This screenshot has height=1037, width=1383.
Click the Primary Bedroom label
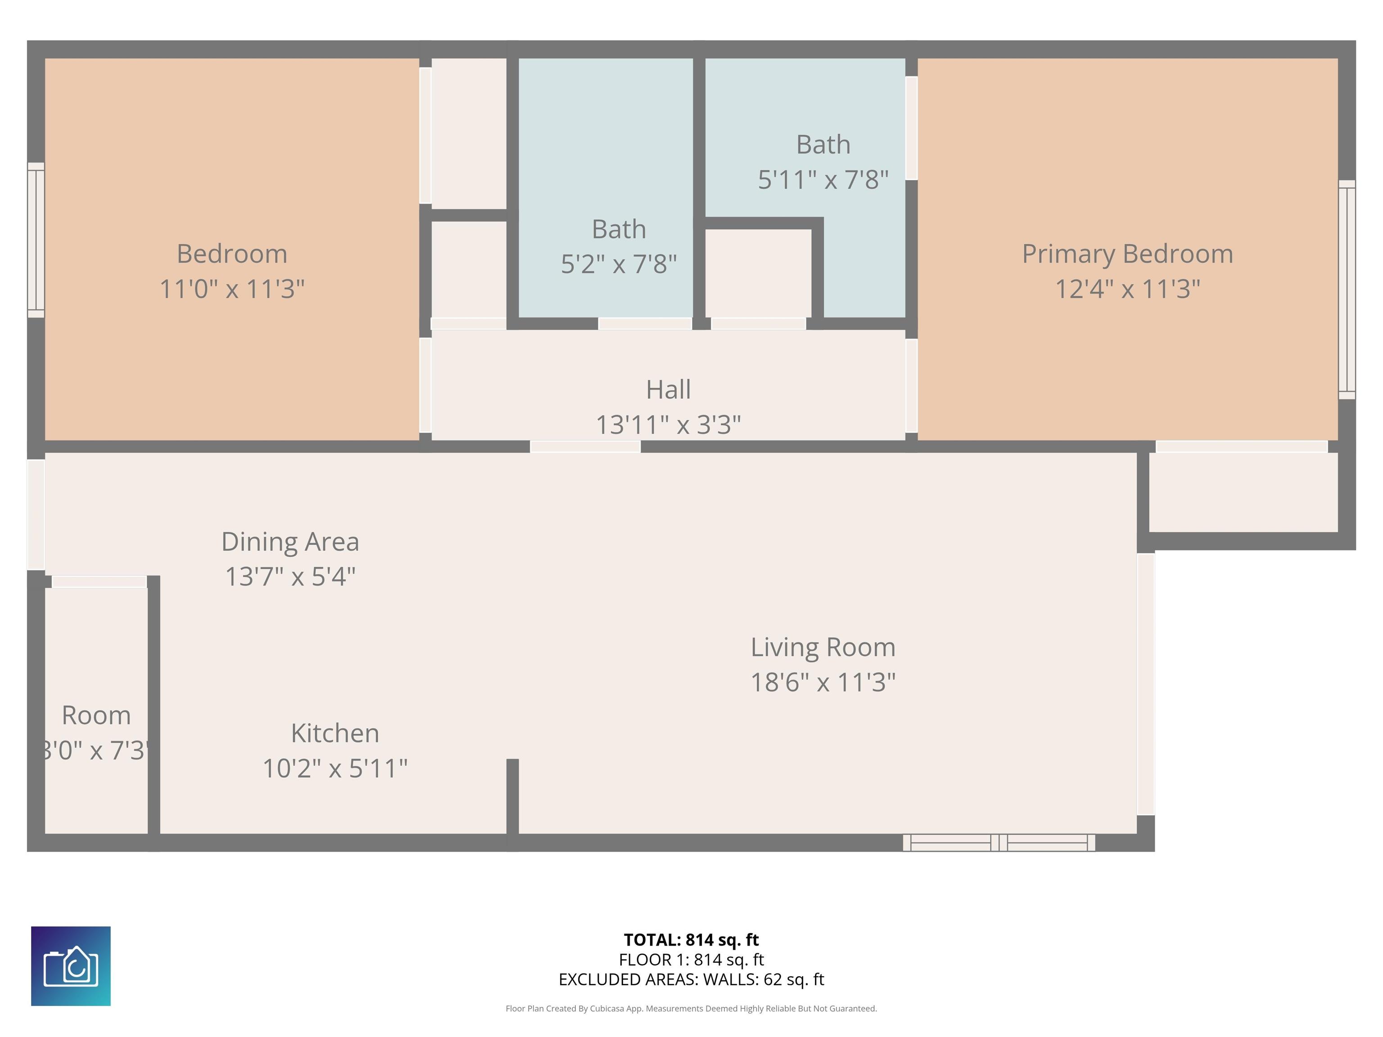1127,254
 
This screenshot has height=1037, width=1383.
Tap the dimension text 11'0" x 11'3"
232,289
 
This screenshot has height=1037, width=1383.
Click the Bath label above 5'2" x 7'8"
619,230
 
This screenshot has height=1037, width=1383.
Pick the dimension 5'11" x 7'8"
823,180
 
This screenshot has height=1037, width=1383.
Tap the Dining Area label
290,542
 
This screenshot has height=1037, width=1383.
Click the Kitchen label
334,733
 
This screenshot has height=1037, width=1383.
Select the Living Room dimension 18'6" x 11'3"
823,682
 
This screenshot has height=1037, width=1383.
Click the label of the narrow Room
96,715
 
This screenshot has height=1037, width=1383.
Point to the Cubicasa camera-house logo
71,966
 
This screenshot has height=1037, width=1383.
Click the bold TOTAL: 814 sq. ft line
691,939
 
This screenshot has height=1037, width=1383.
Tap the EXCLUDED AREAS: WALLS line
691,979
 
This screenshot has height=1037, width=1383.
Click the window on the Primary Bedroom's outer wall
1346,289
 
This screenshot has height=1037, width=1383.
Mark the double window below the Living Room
999,843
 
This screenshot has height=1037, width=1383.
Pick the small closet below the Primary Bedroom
1243,492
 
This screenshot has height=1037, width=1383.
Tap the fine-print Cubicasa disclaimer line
691,1008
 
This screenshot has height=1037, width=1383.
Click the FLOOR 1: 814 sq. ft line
691,960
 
